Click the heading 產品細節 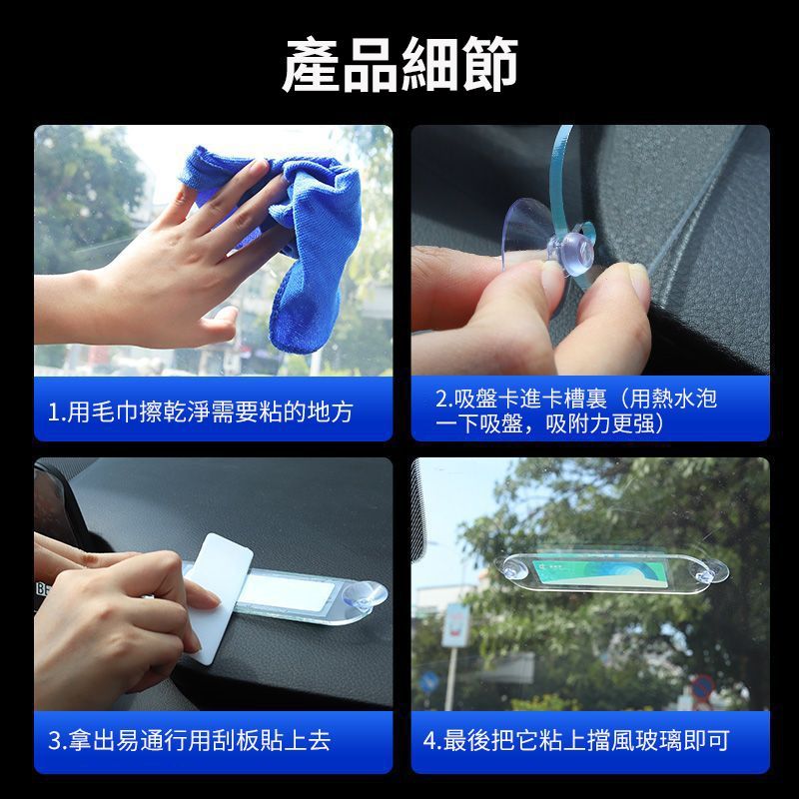(400, 65)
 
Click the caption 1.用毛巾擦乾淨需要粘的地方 (201, 411)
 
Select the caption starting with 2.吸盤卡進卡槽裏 (576, 411)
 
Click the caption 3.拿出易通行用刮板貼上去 (189, 740)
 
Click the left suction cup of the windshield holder (515, 567)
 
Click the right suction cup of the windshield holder (709, 571)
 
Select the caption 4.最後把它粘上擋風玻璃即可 (576, 740)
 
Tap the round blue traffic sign (429, 682)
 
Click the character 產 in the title (311, 65)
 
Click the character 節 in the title (490, 65)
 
